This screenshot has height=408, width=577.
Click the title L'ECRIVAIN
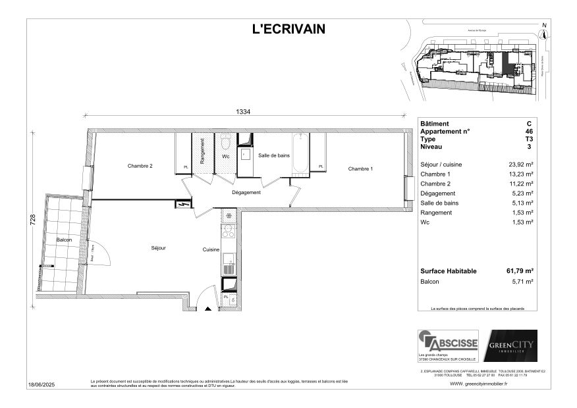[x=288, y=28]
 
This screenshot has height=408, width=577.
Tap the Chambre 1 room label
[x=360, y=169]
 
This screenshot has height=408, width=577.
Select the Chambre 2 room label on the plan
[x=140, y=166]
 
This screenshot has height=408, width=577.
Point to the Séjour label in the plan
[x=158, y=248]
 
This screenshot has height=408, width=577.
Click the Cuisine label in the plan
[x=211, y=250]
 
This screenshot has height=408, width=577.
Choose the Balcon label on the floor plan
[x=64, y=240]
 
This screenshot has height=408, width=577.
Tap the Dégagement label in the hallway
[x=246, y=193]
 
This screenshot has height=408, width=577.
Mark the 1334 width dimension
[x=243, y=112]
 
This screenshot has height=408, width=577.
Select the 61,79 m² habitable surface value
[x=520, y=271]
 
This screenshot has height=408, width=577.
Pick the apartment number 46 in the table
[x=529, y=132]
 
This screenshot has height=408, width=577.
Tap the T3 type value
[x=529, y=140]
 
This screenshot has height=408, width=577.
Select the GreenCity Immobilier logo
[x=510, y=345]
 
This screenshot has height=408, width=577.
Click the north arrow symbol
[x=543, y=33]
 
